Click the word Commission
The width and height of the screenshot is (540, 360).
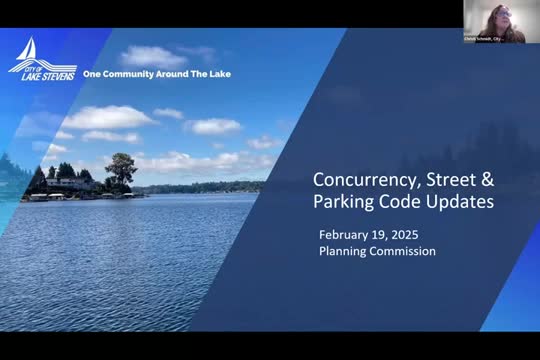click(x=403, y=251)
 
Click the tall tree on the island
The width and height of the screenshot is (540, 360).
click(x=121, y=169)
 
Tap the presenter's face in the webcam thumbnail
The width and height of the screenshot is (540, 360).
click(x=495, y=18)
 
